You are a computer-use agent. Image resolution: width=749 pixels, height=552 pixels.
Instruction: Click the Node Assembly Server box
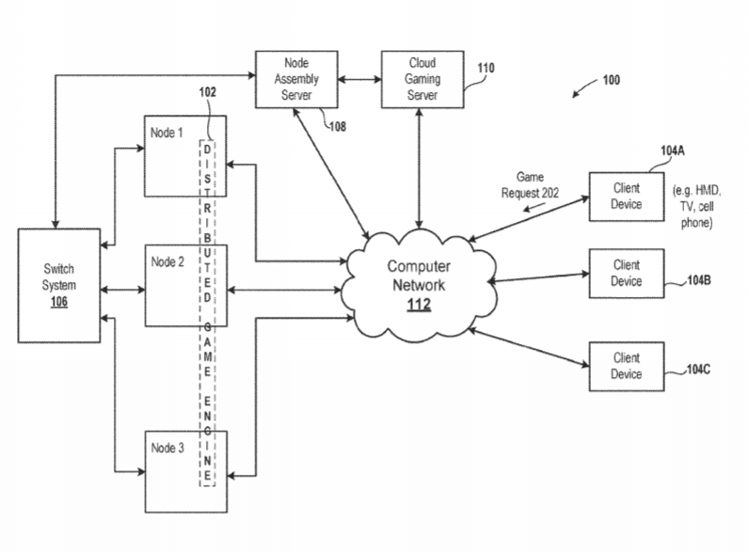296,79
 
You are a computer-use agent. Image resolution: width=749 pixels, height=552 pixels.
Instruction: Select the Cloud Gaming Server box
422,79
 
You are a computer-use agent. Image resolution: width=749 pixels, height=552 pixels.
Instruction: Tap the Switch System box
59,286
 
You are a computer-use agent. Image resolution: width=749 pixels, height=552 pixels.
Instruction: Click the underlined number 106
59,302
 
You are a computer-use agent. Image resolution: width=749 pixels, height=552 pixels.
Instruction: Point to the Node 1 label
167,133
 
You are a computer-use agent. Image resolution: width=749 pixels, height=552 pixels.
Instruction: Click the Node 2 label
167,261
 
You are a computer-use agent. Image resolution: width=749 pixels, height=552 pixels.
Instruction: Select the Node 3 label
167,448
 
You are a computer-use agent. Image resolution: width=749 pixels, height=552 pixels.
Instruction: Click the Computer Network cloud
421,285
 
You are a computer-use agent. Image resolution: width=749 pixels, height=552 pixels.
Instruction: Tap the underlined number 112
419,305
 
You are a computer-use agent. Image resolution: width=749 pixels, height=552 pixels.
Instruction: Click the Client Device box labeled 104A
627,197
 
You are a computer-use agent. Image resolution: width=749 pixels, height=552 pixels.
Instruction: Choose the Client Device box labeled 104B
627,273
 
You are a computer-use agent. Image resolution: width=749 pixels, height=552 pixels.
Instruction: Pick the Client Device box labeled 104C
627,366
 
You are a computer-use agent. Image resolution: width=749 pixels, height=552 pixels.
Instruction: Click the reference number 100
612,80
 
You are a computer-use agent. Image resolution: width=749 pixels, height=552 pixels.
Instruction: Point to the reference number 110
486,68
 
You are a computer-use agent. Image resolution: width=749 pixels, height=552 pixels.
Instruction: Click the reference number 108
338,127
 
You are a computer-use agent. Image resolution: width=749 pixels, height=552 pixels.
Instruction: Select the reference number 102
207,91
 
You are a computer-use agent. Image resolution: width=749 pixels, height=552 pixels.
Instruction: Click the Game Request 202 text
530,185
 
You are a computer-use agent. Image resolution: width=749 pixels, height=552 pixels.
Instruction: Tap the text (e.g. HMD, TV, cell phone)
697,206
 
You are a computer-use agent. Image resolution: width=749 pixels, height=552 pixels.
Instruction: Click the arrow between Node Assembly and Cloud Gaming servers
359,79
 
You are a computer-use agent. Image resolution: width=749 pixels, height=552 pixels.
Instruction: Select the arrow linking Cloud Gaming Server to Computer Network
419,168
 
